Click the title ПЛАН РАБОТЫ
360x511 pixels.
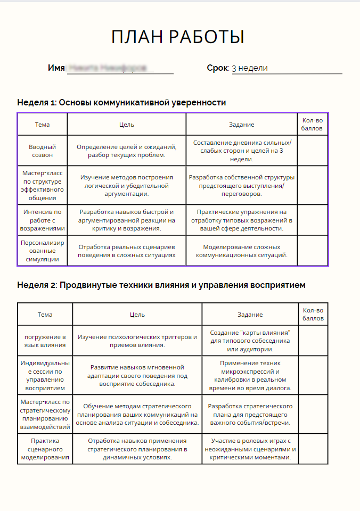(x=178, y=37)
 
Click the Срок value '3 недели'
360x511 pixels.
(x=250, y=68)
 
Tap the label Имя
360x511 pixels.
(x=56, y=68)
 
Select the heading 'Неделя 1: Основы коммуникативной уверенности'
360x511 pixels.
(x=121, y=102)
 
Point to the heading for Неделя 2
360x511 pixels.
(x=161, y=285)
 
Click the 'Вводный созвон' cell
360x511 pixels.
(x=42, y=151)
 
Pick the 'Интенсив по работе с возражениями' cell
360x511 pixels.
(x=42, y=220)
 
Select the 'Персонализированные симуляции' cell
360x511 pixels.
(x=42, y=251)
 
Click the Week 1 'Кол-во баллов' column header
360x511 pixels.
(x=312, y=124)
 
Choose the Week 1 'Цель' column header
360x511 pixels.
(x=126, y=125)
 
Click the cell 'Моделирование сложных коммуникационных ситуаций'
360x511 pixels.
(x=241, y=251)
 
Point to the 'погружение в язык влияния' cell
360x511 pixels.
(x=45, y=341)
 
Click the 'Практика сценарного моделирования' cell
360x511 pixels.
(x=45, y=449)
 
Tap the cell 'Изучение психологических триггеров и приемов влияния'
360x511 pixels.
(x=137, y=341)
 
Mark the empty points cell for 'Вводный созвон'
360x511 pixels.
(x=312, y=151)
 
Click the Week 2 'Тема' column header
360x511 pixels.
(x=45, y=314)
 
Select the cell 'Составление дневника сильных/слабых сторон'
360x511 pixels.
(x=241, y=151)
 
